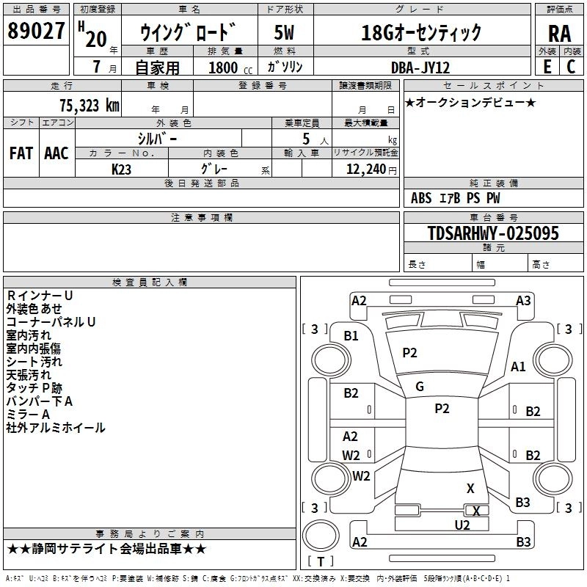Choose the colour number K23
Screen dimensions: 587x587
pyautogui.click(x=122, y=169)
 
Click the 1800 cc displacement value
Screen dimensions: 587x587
pyautogui.click(x=222, y=68)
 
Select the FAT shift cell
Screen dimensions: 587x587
pyautogui.click(x=21, y=153)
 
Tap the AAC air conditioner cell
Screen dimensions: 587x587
pyautogui.click(x=56, y=153)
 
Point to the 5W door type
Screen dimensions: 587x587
pyautogui.click(x=285, y=33)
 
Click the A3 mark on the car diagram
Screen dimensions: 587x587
pyautogui.click(x=523, y=300)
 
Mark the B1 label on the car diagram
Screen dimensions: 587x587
pyautogui.click(x=351, y=336)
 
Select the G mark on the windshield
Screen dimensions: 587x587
pyautogui.click(x=420, y=387)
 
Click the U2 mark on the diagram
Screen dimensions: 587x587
pyautogui.click(x=462, y=525)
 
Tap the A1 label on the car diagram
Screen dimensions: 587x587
pyautogui.click(x=518, y=367)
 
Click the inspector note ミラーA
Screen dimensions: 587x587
pyautogui.click(x=28, y=415)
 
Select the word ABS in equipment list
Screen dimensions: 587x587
pyautogui.click(x=421, y=197)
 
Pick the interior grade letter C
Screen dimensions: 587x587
pyautogui.click(x=571, y=67)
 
